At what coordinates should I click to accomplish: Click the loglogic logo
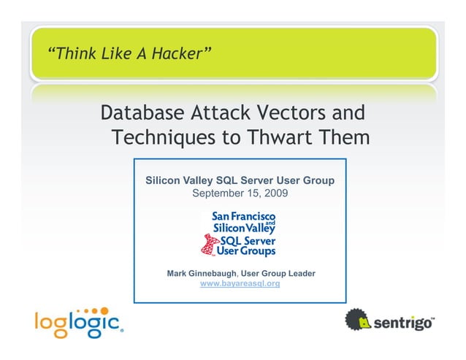click(x=78, y=321)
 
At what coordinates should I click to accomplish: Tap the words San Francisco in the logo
click(x=242, y=217)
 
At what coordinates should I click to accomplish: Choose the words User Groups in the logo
click(x=245, y=250)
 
